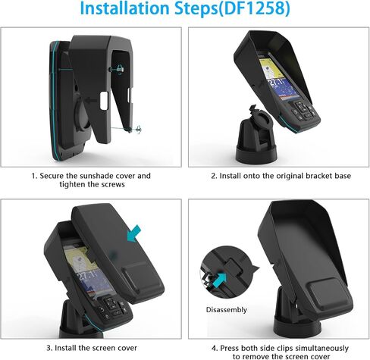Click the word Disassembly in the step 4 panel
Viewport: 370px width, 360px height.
coord(227,310)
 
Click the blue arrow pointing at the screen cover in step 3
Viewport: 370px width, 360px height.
coord(134,233)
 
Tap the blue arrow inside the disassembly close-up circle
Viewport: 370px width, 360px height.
coord(219,280)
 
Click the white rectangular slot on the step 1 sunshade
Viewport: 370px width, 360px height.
coord(104,101)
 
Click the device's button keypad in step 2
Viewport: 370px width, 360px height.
coord(304,111)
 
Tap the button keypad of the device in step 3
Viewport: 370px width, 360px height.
coord(112,308)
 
